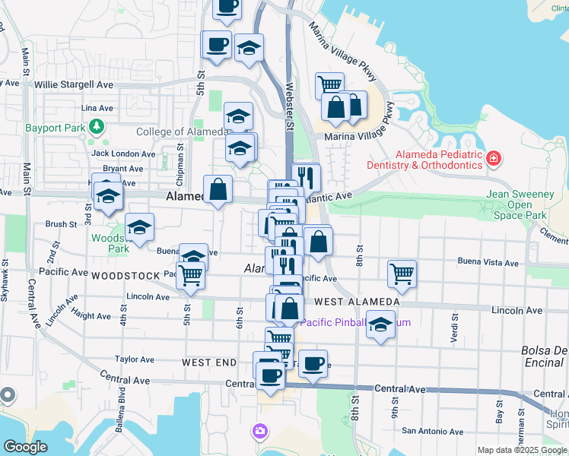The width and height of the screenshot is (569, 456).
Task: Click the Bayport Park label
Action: (54, 128)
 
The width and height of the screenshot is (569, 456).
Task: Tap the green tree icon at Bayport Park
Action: (97, 126)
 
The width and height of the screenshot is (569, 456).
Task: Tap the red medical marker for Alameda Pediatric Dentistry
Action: (494, 158)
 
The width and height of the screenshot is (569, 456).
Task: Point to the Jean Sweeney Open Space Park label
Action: (520, 205)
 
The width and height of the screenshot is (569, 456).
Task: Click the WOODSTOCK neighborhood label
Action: (126, 275)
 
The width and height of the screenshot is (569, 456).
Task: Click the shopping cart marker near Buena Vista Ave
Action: (402, 274)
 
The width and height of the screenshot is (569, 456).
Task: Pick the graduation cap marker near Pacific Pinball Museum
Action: (381, 325)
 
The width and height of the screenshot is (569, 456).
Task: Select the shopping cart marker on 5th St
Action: (190, 277)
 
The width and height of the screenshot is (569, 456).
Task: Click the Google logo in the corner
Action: (26, 447)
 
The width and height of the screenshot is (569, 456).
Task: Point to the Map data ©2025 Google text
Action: (521, 450)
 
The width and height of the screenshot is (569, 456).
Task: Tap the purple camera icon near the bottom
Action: (260, 432)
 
